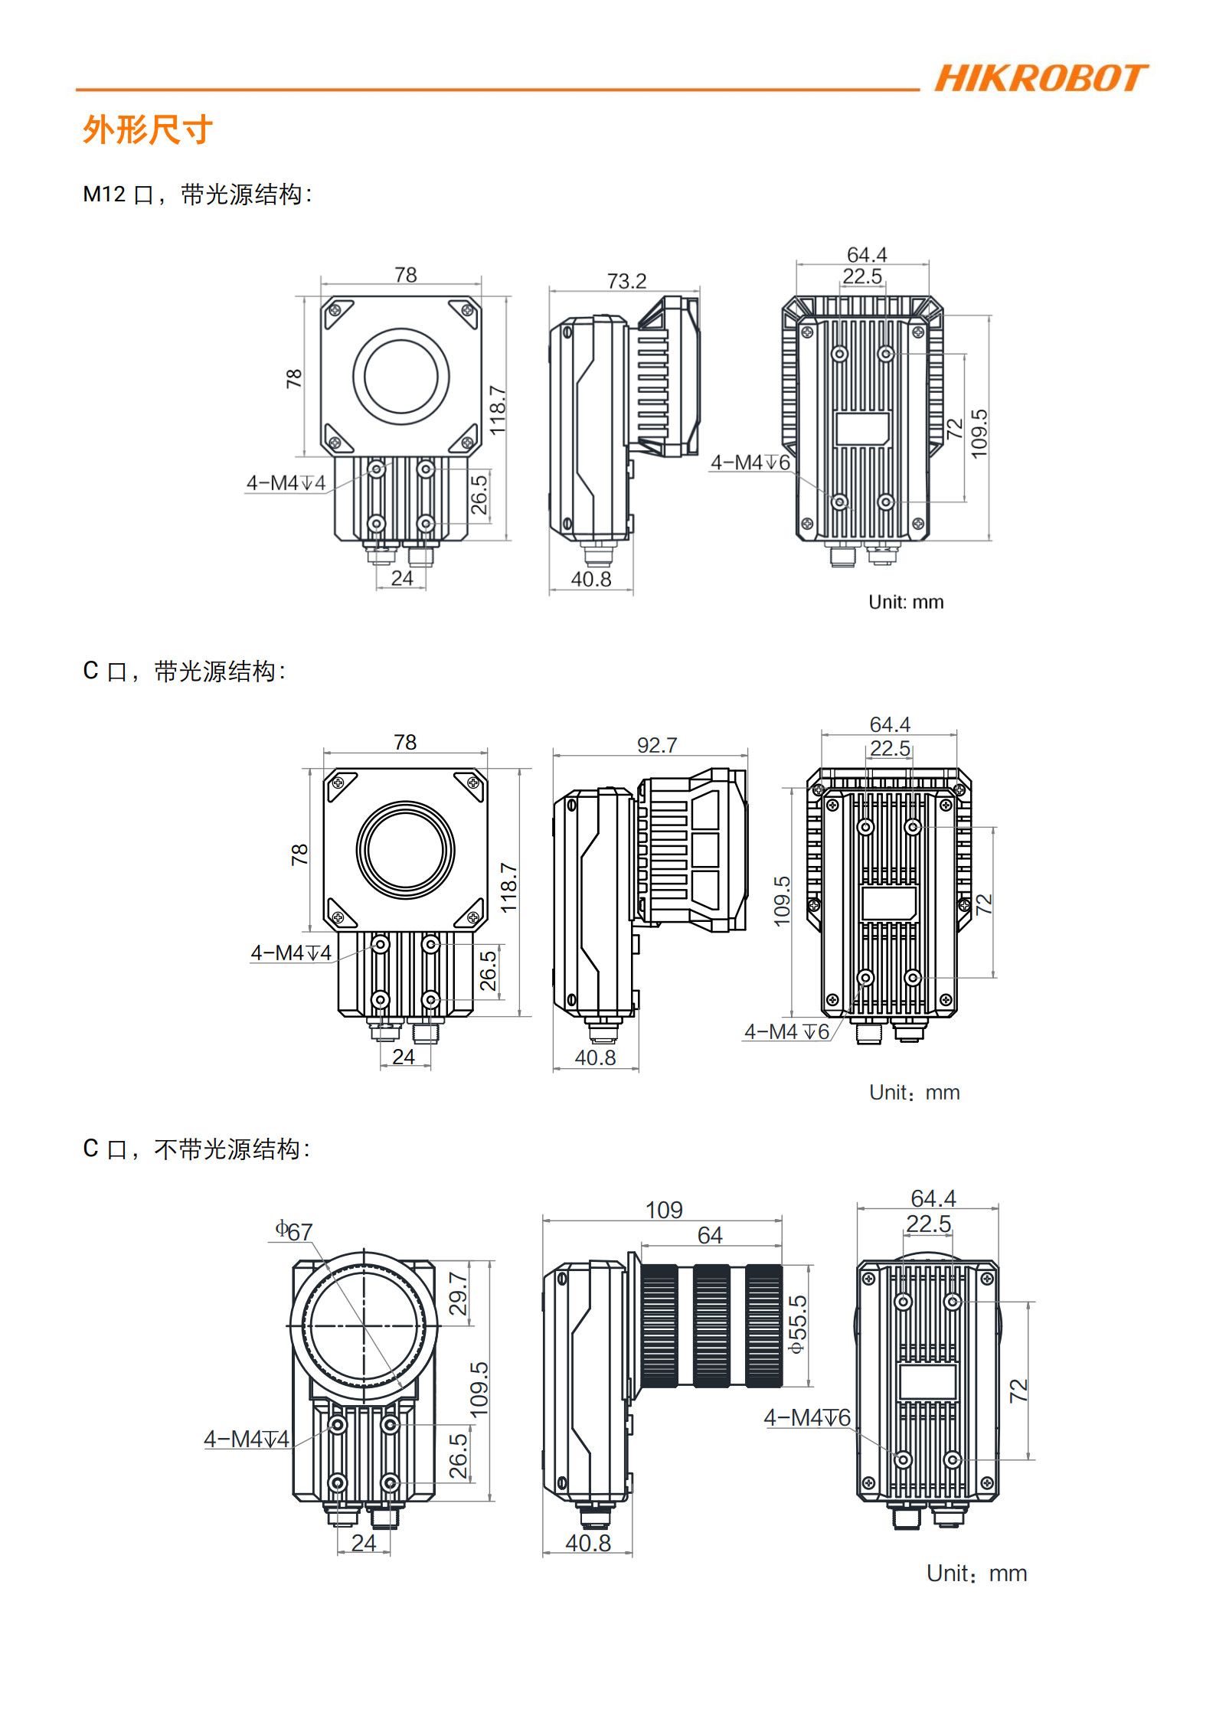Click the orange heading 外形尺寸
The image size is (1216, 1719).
148,129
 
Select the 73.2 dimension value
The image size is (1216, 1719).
626,281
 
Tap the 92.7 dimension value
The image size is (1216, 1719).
656,745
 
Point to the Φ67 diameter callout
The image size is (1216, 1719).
295,1231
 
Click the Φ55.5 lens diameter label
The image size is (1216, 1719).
797,1325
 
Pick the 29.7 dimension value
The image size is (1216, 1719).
458,1293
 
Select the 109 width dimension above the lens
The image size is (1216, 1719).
663,1210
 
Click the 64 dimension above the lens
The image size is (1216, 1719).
709,1235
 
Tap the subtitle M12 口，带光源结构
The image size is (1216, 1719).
198,194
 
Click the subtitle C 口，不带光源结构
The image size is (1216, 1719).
196,1149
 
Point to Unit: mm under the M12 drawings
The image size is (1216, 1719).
906,602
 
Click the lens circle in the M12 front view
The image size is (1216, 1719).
400,377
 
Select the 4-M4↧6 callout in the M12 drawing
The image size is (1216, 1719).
750,462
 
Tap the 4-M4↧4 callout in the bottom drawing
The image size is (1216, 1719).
247,1439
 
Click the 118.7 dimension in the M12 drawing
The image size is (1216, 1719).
498,410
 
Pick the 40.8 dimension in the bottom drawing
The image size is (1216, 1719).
587,1543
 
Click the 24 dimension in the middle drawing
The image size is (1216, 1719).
404,1057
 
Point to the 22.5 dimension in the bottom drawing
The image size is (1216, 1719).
928,1224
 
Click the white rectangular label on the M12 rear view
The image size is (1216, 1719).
862,429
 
